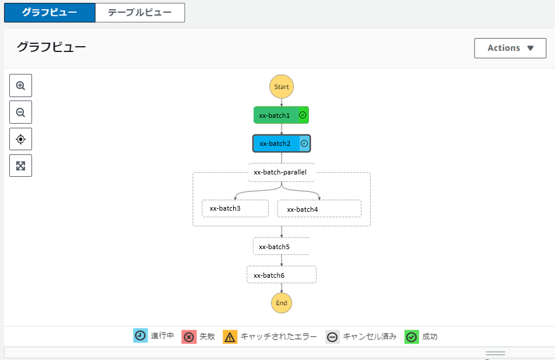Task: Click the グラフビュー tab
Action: point(50,12)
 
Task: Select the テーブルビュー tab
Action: point(140,12)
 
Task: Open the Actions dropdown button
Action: point(510,48)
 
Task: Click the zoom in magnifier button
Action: point(20,86)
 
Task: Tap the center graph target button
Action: point(20,139)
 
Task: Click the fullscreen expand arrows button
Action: point(20,166)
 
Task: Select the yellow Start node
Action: point(282,87)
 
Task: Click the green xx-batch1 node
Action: point(276,115)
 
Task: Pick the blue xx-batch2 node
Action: point(276,143)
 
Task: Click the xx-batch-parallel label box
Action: point(281,172)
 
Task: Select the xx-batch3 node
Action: point(235,208)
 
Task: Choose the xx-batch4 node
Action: point(319,209)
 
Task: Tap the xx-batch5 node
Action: point(281,246)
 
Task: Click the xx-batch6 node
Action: point(281,275)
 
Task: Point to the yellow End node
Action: point(282,303)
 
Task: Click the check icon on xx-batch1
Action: point(303,115)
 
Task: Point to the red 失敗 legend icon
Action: point(189,337)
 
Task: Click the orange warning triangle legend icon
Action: point(230,337)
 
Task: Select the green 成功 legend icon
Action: point(412,337)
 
